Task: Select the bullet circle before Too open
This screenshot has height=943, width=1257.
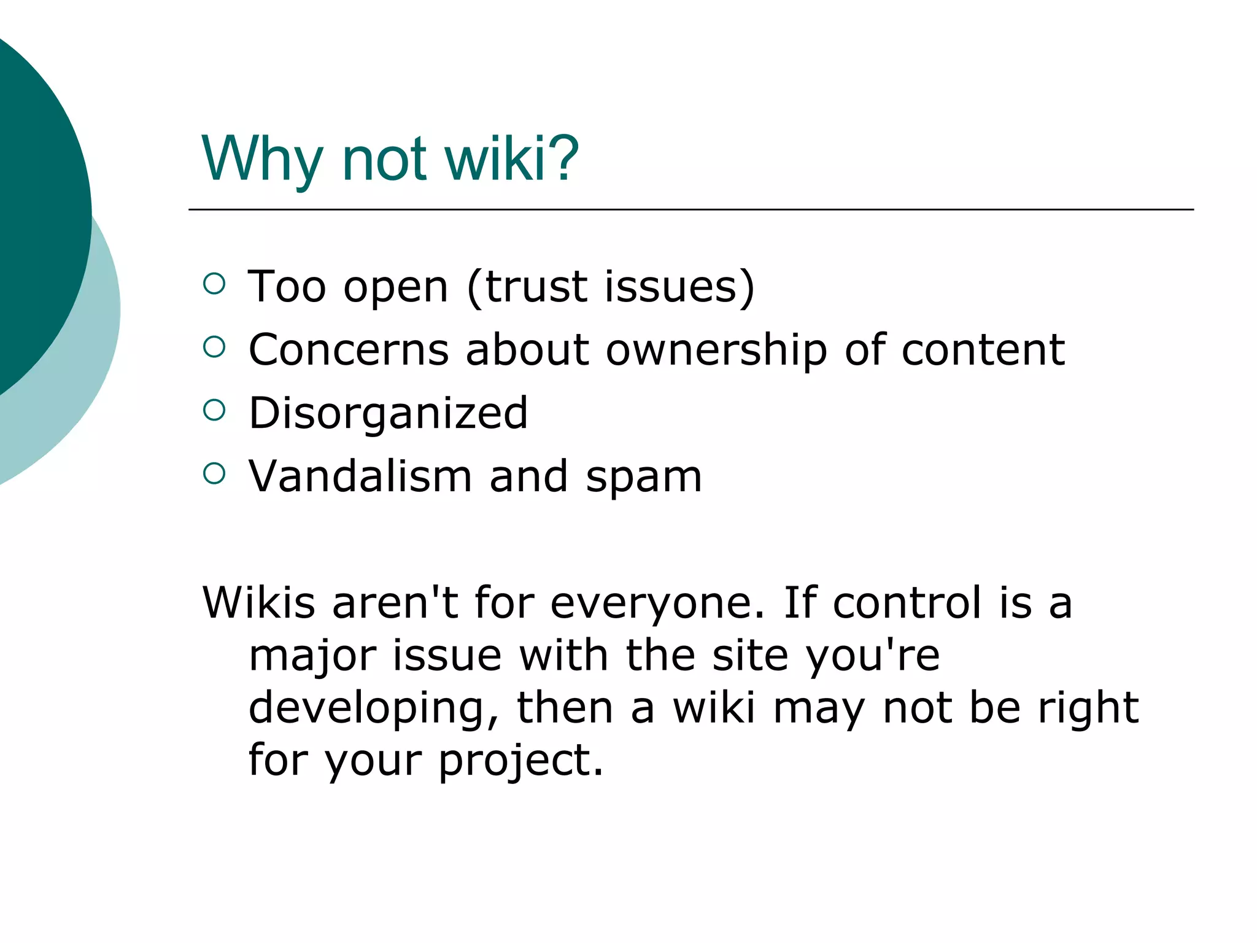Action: click(x=214, y=284)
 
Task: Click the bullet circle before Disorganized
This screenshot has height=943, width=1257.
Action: click(x=214, y=410)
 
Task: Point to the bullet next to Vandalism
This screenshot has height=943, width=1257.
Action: click(x=214, y=473)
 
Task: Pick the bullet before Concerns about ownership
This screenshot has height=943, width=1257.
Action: click(x=214, y=347)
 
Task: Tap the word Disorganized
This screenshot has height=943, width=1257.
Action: click(x=388, y=413)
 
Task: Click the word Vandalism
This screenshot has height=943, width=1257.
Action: click(x=360, y=476)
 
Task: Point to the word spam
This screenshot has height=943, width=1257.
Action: click(x=644, y=478)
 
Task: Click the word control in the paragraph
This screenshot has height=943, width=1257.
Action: click(x=908, y=602)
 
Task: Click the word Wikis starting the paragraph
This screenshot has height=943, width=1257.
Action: click(x=258, y=602)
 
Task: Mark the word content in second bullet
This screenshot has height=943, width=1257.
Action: click(x=983, y=350)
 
